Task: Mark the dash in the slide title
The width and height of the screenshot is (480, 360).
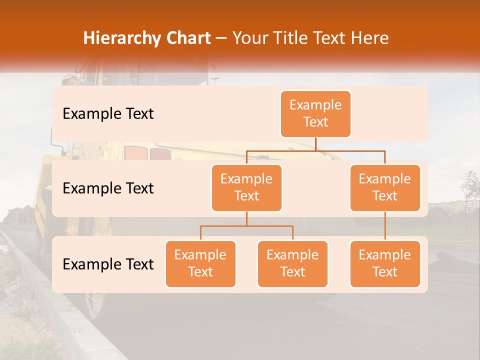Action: pos(221,39)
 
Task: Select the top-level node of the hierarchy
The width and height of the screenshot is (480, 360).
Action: pos(315,114)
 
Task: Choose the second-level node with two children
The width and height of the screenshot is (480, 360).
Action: pos(246,187)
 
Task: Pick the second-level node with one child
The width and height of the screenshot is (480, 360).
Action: pos(385,187)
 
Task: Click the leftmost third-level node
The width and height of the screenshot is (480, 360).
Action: pos(200,263)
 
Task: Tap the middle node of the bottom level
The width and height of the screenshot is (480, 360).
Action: pos(292,263)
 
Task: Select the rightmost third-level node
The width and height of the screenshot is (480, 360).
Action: pos(385,263)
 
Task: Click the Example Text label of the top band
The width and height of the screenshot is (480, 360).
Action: pos(108,114)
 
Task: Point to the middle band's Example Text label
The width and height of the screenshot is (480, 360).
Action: pos(108,188)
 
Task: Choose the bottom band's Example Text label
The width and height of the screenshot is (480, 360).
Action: pos(108,264)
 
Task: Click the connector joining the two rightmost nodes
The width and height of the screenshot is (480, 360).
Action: pos(385,226)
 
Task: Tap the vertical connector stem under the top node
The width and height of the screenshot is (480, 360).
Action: pos(315,144)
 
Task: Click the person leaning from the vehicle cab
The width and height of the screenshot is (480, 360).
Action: pos(70,80)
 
